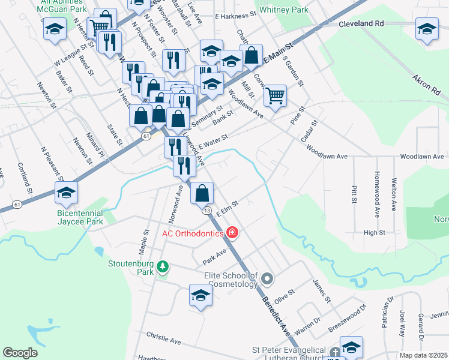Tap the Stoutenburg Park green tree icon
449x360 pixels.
[161, 266]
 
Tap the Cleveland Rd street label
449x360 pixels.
[361, 25]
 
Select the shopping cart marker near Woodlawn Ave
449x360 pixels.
[275, 95]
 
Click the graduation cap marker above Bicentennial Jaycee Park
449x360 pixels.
[66, 193]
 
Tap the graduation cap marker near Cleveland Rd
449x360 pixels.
[427, 28]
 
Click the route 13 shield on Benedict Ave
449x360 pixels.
[206, 211]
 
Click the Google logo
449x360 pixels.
[20, 352]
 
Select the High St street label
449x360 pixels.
[374, 232]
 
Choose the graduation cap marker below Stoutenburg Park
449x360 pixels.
[200, 296]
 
